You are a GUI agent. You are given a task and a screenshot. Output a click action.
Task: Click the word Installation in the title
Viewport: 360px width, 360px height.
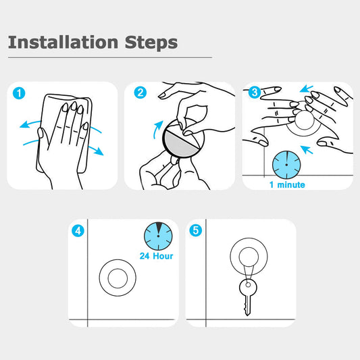click(x=63, y=42)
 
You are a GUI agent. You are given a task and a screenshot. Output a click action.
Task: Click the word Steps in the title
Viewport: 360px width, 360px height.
click(x=151, y=43)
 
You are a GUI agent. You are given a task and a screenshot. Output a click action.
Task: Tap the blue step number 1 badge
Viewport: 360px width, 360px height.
click(x=19, y=93)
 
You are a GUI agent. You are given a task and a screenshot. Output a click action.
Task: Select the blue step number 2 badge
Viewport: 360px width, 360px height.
click(x=140, y=93)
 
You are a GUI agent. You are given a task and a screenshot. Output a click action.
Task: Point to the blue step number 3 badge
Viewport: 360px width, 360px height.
click(x=255, y=92)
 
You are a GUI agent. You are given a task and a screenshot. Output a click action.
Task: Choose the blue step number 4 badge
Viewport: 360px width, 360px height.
click(x=78, y=230)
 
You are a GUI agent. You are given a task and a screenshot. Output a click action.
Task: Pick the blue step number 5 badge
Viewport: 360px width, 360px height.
click(x=196, y=230)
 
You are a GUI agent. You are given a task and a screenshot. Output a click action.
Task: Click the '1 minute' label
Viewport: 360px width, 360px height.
click(x=287, y=184)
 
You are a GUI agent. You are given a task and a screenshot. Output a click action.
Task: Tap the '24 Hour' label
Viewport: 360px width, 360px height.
click(x=156, y=256)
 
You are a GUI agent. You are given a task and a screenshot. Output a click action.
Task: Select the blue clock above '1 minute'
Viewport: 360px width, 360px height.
click(x=286, y=165)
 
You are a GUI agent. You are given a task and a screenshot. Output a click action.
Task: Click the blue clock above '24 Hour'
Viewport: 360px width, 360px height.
click(x=158, y=236)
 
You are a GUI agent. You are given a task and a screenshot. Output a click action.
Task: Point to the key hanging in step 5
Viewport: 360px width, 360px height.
click(x=248, y=298)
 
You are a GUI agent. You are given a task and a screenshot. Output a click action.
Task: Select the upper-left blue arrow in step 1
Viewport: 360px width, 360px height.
click(x=30, y=124)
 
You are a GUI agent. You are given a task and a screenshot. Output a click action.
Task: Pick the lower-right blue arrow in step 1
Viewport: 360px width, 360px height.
click(x=96, y=151)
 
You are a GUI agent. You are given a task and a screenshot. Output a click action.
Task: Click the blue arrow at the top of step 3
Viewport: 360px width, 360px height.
click(x=307, y=88)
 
